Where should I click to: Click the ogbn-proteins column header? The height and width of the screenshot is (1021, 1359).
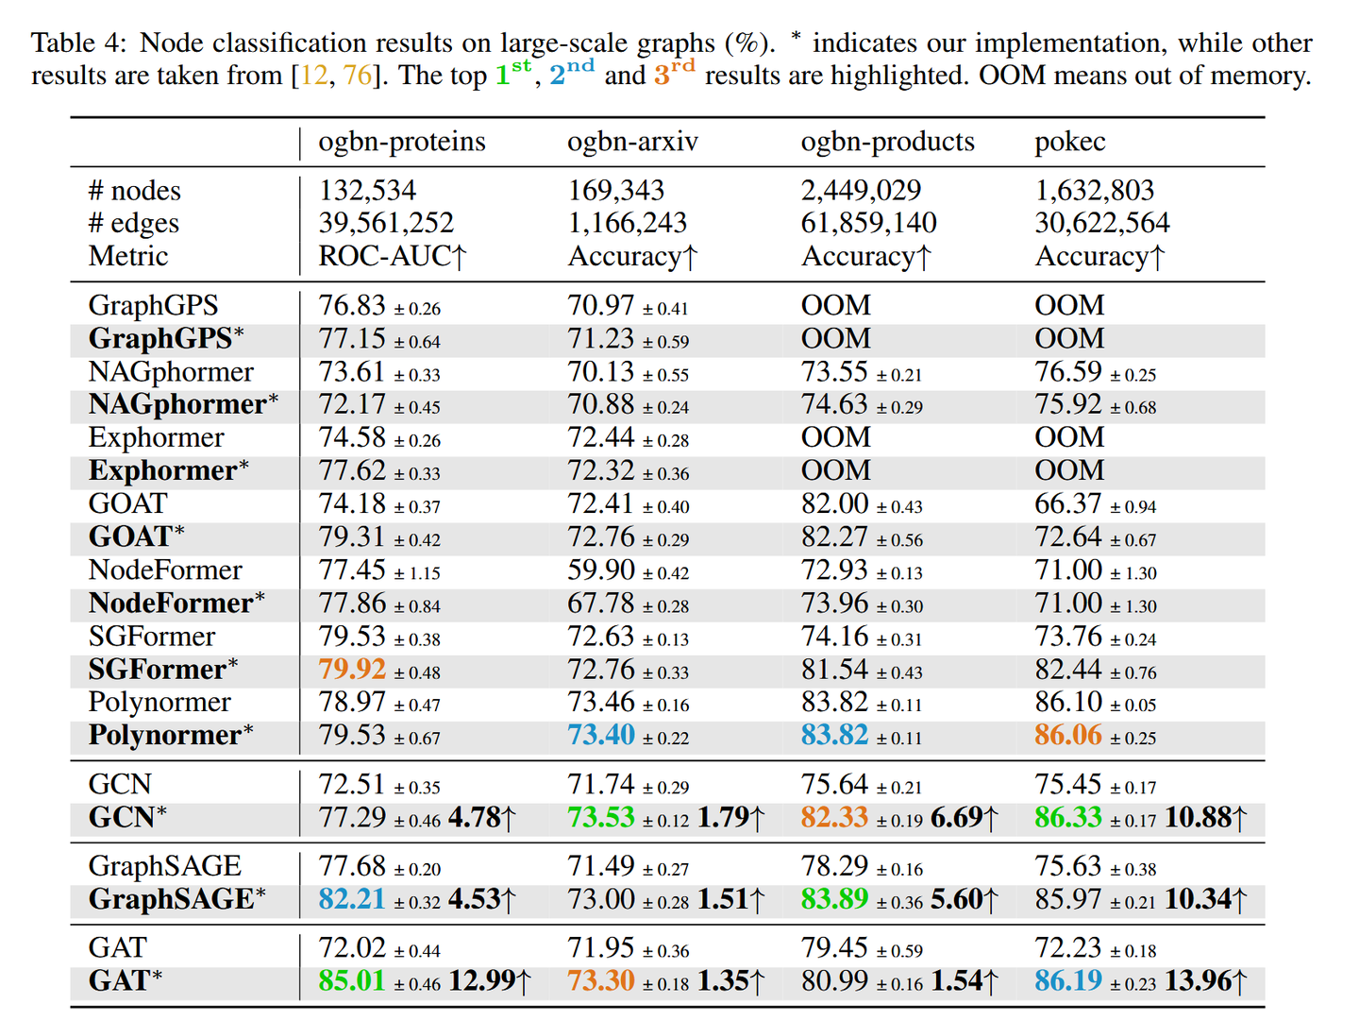(x=402, y=142)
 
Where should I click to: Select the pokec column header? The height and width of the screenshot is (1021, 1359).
(x=1069, y=142)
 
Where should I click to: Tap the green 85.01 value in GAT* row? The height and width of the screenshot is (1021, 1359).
(x=352, y=981)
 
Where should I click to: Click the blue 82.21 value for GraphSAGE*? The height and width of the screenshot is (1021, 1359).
(x=352, y=899)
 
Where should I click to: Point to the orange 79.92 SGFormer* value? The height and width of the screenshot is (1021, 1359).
(x=352, y=670)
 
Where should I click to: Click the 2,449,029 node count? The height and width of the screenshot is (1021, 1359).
(x=861, y=191)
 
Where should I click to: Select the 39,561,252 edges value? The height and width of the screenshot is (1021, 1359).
(x=386, y=224)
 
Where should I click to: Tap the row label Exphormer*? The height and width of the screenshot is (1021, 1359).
(x=168, y=470)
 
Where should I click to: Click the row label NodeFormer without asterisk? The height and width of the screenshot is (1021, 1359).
(x=165, y=570)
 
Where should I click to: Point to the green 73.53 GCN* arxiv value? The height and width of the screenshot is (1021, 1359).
(x=601, y=817)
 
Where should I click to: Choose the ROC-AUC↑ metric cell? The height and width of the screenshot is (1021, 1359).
(x=393, y=257)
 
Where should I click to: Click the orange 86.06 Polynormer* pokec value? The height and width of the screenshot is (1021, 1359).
(x=1068, y=735)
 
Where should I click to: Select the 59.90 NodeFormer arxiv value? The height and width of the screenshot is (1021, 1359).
(x=601, y=570)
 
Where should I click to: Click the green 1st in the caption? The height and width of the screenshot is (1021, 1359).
(x=513, y=73)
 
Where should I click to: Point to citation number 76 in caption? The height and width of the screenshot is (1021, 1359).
(x=358, y=76)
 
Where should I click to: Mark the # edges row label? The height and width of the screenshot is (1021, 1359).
(x=133, y=224)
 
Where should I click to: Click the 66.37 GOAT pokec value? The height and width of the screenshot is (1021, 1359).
(x=1068, y=504)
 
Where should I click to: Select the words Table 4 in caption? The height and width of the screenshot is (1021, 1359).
(x=77, y=43)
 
